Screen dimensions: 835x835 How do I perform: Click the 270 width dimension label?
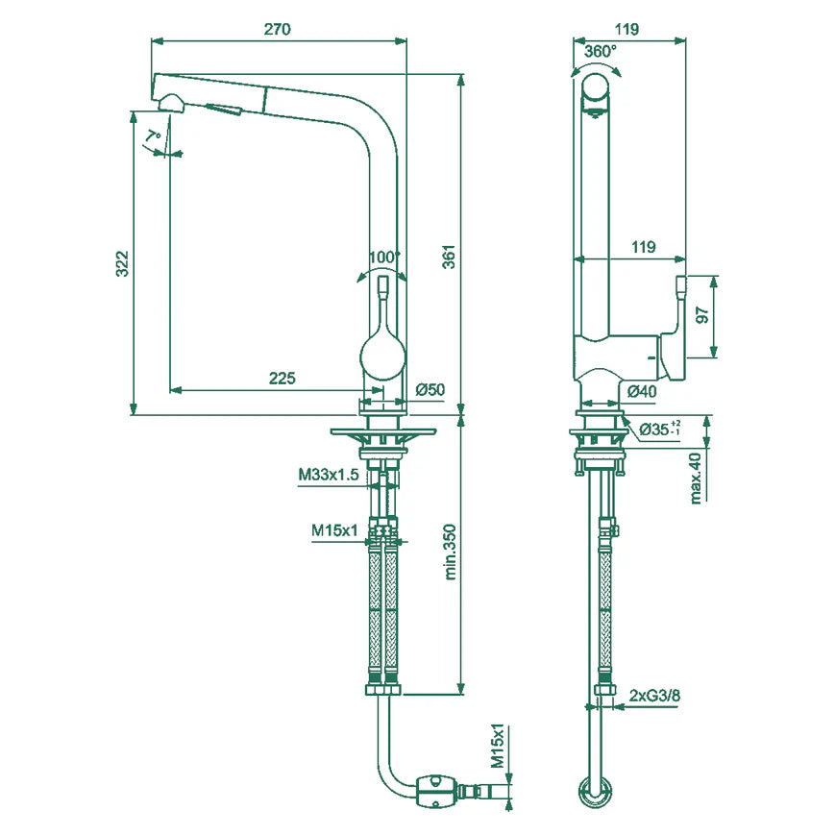pos(277,29)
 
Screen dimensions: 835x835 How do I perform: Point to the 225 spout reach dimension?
pos(281,379)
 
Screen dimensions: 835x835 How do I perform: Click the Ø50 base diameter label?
pos(430,389)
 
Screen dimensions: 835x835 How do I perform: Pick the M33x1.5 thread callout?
pos(328,475)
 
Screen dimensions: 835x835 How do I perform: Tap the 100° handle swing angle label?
pos(384,257)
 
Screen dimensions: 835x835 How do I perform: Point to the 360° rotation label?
pos(602,50)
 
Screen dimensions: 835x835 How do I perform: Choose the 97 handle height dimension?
pos(702,316)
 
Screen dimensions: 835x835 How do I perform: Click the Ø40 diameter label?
pos(641,391)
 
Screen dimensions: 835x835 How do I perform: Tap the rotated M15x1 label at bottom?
pos(498,746)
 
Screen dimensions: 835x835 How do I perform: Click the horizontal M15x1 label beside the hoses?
pos(334,528)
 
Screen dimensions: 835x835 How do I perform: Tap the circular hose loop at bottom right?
pos(597,792)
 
